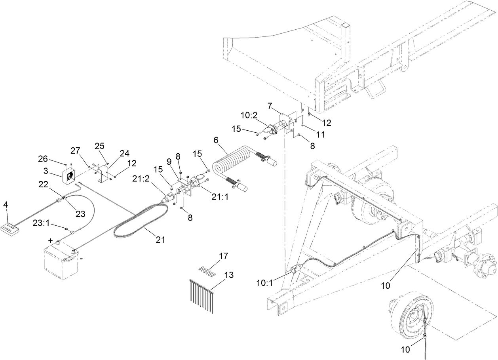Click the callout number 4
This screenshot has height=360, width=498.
pos(6,204)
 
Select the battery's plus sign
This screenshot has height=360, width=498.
pos(51,240)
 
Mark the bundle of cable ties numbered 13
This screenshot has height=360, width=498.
pos(202,293)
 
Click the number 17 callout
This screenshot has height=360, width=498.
pos(224,256)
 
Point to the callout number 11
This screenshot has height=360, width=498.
pos(320,134)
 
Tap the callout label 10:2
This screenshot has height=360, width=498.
pos(249,115)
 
